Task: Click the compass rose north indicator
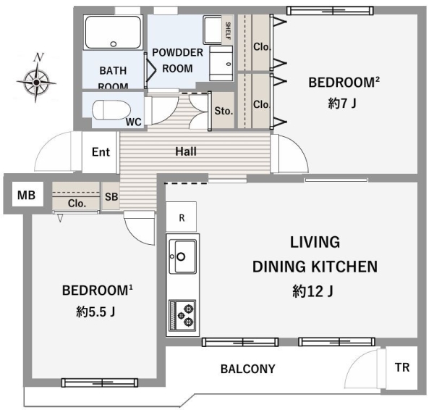36,78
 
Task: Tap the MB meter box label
26,195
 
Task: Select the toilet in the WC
111,110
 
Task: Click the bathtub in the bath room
113,33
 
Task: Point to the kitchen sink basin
182,257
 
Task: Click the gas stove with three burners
182,315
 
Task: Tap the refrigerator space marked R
182,217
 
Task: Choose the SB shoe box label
111,196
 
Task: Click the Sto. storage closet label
224,111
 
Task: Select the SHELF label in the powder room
229,30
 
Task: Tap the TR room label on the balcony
402,367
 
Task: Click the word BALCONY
247,369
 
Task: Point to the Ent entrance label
101,152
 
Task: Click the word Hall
186,151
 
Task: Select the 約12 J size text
312,291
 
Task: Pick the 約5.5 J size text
95,312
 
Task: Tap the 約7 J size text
342,104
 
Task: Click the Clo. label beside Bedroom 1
77,204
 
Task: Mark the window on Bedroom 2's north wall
330,11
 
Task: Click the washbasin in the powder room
221,64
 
